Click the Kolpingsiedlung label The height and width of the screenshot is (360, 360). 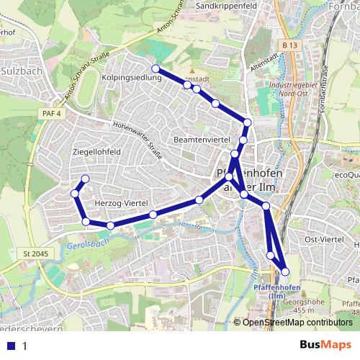[x=132, y=77]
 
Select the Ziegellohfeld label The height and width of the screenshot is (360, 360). [x=97, y=152]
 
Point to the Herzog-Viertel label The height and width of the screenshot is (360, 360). [x=126, y=204]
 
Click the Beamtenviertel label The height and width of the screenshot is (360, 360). [x=202, y=138]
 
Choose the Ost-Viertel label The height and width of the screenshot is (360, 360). [x=322, y=239]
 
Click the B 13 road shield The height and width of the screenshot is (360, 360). [x=290, y=46]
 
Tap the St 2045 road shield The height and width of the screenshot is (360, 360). [x=35, y=253]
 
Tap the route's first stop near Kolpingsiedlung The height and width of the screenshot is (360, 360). [x=155, y=68]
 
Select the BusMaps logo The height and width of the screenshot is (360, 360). [x=325, y=345]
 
